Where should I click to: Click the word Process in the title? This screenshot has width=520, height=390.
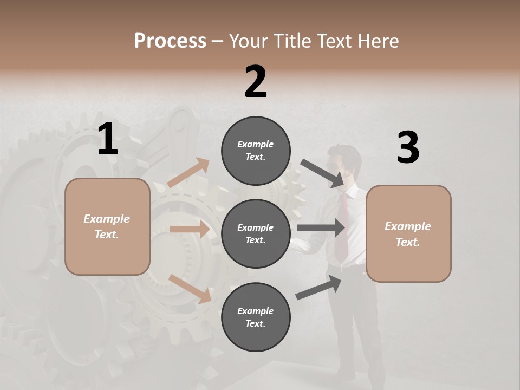tap(170, 41)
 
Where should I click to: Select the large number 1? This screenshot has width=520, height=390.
tap(108, 139)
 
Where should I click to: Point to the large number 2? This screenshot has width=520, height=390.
tap(256, 82)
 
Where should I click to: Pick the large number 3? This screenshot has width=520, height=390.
tap(408, 148)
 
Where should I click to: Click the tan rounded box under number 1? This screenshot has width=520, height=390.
tap(107, 226)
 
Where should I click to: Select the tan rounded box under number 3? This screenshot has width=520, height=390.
tap(408, 234)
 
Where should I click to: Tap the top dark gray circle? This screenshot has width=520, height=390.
tap(256, 151)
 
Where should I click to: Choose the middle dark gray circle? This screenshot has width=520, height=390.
tap(256, 234)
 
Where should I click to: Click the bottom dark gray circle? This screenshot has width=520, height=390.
tap(256, 317)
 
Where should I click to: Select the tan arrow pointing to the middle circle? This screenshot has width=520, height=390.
tap(190, 229)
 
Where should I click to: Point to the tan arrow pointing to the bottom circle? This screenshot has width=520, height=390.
tap(190, 288)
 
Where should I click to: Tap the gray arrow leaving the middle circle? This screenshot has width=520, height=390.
tap(321, 227)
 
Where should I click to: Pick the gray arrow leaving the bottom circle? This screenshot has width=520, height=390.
tap(319, 287)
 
